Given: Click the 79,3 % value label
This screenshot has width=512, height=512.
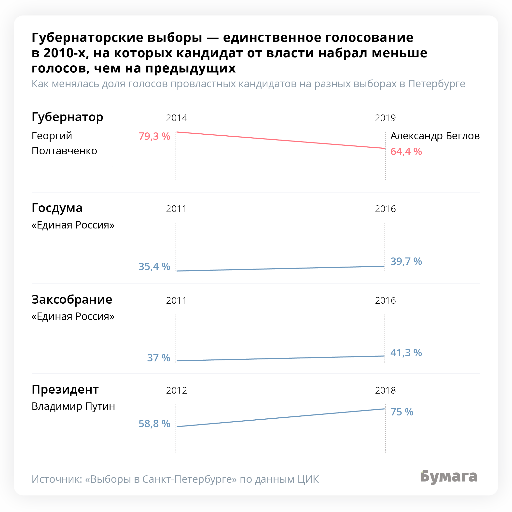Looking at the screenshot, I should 154,136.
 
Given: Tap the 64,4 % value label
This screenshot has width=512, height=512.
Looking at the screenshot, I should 406,152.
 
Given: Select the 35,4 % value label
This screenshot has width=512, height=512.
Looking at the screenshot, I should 154,267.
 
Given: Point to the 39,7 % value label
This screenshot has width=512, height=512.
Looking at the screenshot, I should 406,261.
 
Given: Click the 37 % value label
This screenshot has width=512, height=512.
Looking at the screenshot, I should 158,358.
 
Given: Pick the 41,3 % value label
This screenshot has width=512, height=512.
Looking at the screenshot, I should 406,353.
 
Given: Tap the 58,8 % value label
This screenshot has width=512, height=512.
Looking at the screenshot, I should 154,424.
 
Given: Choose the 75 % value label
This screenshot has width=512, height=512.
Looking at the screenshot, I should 402,412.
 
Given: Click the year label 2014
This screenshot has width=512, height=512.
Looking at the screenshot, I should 177,118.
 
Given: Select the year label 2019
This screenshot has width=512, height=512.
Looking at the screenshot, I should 385,118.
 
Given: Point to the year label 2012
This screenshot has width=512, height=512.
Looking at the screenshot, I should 177,391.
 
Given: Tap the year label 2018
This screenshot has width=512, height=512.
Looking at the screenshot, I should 385,391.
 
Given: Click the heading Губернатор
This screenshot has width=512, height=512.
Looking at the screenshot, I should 67,117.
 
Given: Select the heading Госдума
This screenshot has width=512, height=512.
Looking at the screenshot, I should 57,208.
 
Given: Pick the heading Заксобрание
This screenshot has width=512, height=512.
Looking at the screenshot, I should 72,300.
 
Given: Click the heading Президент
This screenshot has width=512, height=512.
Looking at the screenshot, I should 65,389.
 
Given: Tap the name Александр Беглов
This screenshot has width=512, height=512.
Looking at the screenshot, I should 435,136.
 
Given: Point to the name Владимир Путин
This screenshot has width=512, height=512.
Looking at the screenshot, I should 73,406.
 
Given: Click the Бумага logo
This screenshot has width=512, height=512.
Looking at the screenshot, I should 449,477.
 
